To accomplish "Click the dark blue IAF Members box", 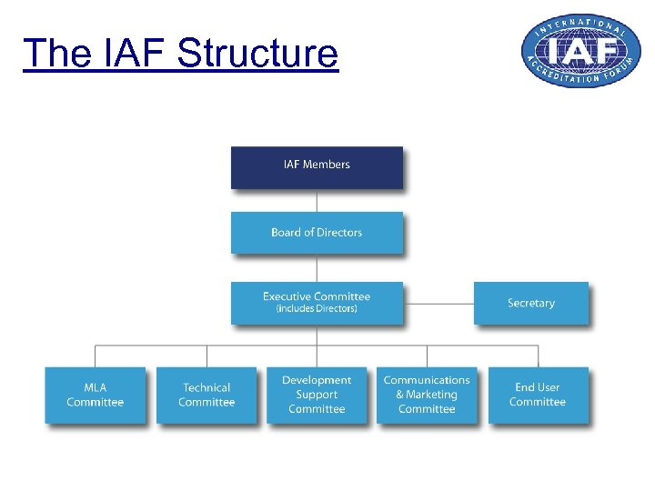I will (317, 167).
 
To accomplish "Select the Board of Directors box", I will (317, 233).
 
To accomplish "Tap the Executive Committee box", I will (317, 302).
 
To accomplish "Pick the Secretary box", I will (531, 303).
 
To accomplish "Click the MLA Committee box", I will (96, 395).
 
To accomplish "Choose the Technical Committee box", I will (207, 395).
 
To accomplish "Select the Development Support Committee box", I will (317, 395).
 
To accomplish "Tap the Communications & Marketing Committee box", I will (427, 395).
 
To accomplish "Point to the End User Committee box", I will (538, 395).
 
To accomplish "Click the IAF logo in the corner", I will (575, 51).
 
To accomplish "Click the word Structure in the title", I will (257, 54).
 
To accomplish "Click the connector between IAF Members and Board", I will (317, 201).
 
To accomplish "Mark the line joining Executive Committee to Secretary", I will (438, 303).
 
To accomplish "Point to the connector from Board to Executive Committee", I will (317, 268).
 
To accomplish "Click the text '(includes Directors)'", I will (317, 309).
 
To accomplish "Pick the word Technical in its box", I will (207, 387).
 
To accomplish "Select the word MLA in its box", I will (96, 387).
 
